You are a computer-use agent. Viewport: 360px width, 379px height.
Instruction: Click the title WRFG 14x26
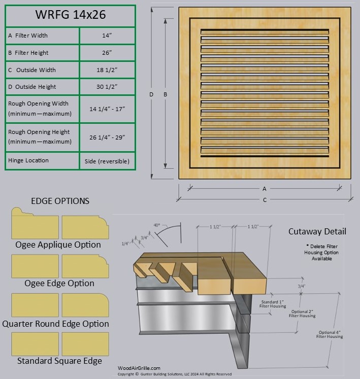[x=70, y=15]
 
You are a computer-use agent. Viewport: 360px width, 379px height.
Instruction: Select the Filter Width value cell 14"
[x=107, y=36]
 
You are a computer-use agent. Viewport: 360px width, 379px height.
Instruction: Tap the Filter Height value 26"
[x=107, y=53]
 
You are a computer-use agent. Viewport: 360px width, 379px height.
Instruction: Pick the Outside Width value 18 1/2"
[x=107, y=70]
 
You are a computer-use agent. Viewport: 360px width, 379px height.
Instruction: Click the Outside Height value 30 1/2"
[x=107, y=87]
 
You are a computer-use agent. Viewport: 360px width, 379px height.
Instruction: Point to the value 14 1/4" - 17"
[x=107, y=109]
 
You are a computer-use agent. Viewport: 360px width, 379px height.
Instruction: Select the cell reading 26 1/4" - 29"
[x=107, y=137]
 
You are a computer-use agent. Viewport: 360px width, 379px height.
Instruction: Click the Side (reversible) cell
[x=107, y=161]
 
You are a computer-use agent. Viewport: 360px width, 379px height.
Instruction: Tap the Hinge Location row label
[x=28, y=160]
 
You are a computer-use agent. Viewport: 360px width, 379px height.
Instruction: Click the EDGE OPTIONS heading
[x=60, y=201]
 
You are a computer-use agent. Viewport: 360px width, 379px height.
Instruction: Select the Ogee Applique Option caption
[x=58, y=245]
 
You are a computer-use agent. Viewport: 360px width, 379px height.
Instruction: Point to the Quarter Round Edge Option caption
[x=56, y=324]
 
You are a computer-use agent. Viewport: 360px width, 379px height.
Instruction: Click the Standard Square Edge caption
[x=59, y=361]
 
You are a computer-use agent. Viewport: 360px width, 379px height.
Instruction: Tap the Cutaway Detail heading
[x=317, y=231]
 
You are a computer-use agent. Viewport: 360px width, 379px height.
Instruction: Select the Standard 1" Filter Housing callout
[x=273, y=304]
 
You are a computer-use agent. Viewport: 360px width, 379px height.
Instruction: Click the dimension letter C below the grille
[x=264, y=200]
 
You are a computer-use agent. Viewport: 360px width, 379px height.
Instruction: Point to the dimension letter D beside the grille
[x=151, y=94]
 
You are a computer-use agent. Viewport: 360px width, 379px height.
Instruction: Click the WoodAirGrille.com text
[x=139, y=368]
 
